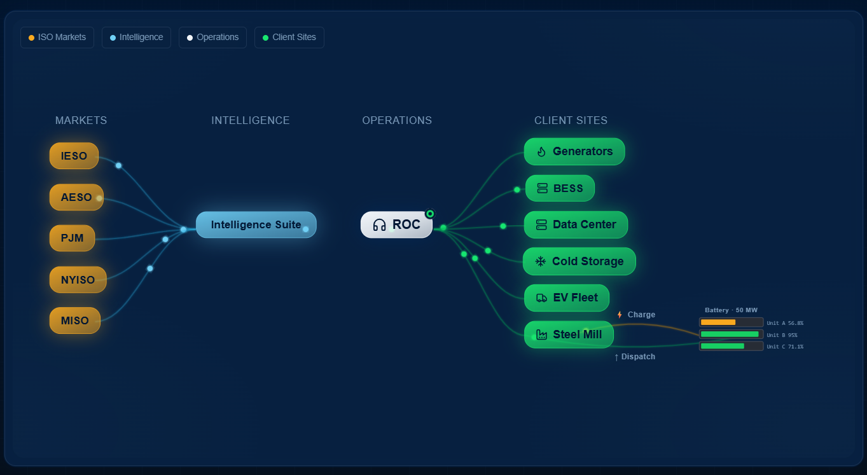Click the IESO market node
point(74,156)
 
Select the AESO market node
point(76,197)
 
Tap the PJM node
point(72,238)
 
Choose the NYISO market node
point(78,280)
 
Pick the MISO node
point(74,320)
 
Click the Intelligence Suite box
point(256,224)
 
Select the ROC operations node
point(396,224)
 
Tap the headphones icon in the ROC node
point(380,225)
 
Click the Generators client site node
point(574,151)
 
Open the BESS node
point(560,188)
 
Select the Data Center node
point(575,224)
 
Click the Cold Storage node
point(579,261)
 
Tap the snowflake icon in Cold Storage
point(541,261)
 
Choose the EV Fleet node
point(566,298)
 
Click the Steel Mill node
point(568,334)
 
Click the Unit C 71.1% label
point(785,347)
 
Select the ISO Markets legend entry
point(57,38)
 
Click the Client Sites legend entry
point(289,38)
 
